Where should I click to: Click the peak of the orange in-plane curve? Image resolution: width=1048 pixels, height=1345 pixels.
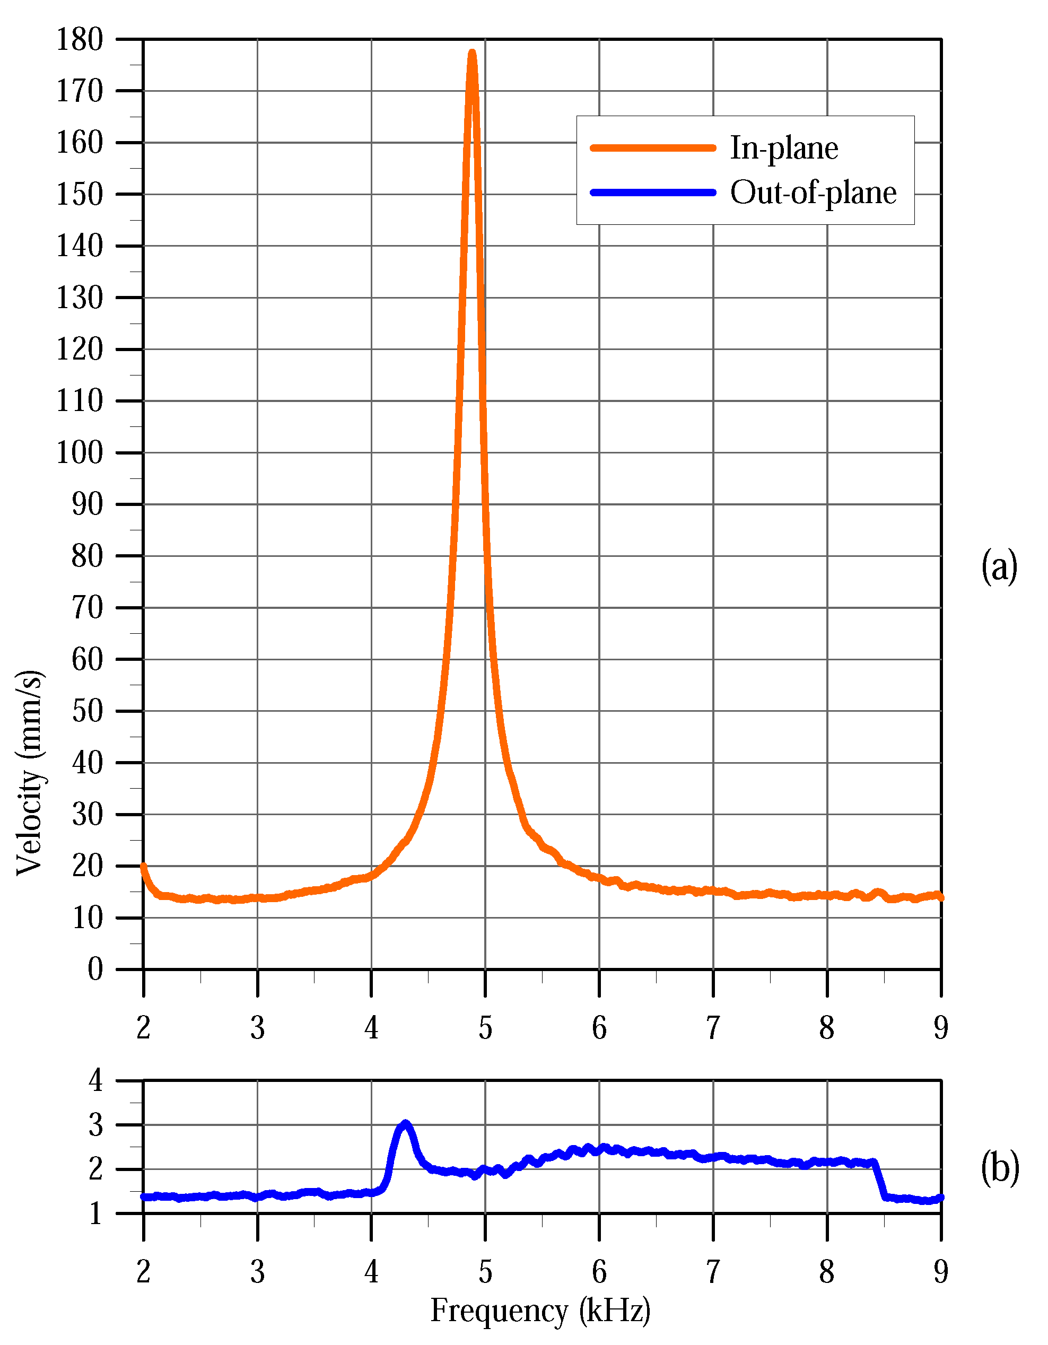[472, 54]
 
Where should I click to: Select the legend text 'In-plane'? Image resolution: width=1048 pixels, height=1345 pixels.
[784, 148]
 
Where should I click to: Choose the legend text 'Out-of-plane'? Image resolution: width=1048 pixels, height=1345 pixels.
[814, 193]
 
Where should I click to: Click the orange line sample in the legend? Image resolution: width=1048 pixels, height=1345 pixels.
[653, 148]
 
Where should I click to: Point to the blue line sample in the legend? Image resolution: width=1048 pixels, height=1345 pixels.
[653, 193]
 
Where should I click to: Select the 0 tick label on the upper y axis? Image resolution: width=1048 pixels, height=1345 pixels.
[95, 970]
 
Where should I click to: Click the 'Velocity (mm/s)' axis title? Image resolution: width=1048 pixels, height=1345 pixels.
[30, 773]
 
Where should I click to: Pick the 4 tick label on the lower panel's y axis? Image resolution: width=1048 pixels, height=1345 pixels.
[95, 1080]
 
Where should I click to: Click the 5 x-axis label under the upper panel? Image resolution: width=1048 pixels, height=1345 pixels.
[485, 1027]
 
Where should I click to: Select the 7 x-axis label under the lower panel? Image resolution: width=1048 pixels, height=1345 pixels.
[713, 1270]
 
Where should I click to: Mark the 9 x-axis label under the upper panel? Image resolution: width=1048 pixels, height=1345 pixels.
[941, 1027]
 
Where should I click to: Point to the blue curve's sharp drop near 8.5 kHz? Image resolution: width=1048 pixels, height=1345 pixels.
[879, 1180]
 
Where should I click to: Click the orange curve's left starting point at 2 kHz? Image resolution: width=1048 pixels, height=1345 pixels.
[144, 867]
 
